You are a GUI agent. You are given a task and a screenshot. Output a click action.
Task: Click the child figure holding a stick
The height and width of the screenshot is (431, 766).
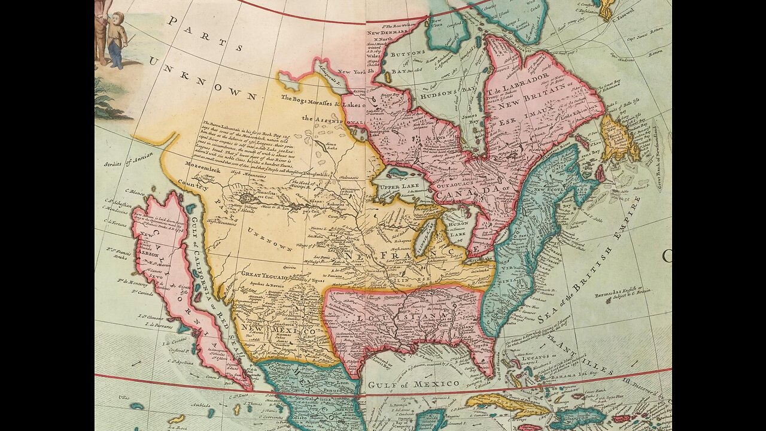(117, 39)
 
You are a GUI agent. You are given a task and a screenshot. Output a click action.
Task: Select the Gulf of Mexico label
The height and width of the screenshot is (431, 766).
(414, 384)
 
